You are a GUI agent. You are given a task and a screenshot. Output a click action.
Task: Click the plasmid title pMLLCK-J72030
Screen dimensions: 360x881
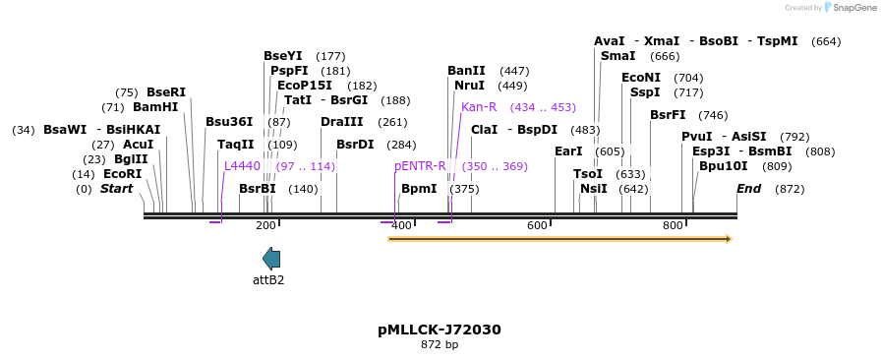click(440, 330)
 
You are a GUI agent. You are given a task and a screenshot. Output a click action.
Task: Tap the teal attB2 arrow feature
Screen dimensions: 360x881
click(270, 259)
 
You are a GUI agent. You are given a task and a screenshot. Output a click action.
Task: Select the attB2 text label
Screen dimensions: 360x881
click(268, 280)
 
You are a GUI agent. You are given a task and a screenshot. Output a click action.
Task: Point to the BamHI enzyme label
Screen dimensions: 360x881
click(155, 107)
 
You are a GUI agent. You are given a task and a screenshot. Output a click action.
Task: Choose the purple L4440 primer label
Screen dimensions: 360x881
click(242, 166)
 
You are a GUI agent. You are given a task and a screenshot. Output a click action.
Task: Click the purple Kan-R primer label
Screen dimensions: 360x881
click(479, 107)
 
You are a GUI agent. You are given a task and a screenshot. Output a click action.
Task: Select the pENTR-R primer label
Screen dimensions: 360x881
click(420, 166)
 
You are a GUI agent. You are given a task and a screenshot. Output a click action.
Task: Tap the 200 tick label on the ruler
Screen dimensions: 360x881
click(265, 226)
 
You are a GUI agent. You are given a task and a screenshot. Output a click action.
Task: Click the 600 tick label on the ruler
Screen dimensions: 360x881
click(537, 226)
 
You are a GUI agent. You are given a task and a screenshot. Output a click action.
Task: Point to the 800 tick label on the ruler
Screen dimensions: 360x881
click(673, 226)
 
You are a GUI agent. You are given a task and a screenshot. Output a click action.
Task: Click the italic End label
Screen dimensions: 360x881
click(748, 189)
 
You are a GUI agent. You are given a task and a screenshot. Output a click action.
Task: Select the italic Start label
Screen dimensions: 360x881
click(116, 189)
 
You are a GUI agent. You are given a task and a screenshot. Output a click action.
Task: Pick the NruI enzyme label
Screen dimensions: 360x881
click(469, 86)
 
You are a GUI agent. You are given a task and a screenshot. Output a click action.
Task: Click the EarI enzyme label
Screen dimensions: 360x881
click(568, 151)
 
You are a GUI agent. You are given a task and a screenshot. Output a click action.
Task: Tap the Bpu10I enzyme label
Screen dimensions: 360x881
click(723, 166)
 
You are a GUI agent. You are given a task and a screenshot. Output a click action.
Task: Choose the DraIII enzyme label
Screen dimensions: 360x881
click(341, 122)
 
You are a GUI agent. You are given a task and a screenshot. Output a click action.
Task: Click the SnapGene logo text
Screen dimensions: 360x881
click(852, 8)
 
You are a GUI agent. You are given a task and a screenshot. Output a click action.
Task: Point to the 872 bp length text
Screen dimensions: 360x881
click(440, 345)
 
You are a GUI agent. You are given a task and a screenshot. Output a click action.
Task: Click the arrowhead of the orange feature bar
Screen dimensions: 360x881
click(728, 238)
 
